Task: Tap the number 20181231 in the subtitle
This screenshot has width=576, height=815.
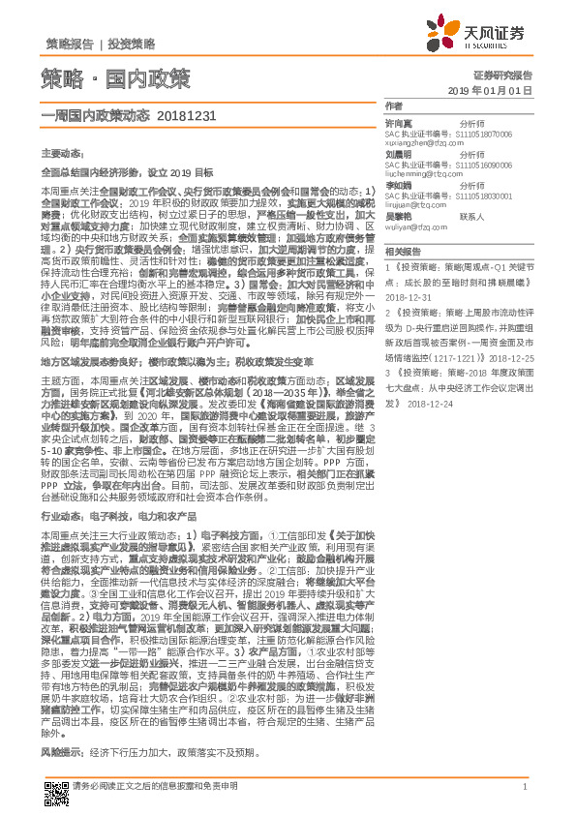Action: coord(183,114)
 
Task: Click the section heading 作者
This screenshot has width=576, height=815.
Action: coord(393,106)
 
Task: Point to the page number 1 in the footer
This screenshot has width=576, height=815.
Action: coord(523,787)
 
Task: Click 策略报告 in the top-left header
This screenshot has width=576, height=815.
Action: coord(70,44)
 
